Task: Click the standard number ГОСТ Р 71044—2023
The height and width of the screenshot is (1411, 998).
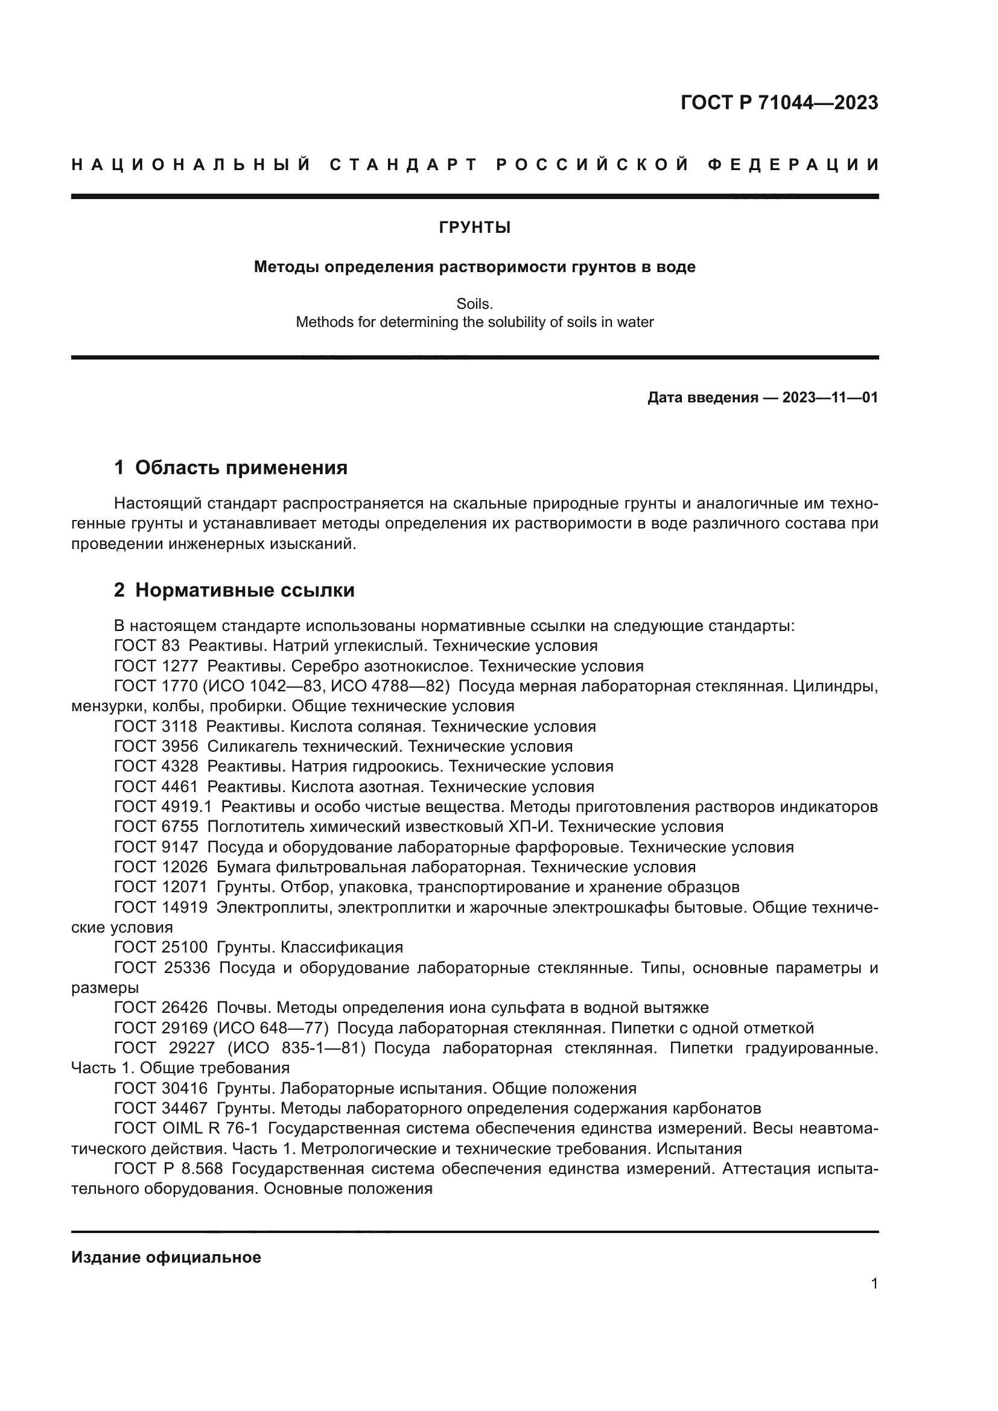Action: click(x=779, y=103)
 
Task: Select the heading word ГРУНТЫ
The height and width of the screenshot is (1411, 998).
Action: click(x=474, y=228)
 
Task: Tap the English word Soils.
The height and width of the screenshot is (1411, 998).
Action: click(x=474, y=303)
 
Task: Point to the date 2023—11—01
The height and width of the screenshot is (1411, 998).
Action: click(x=830, y=398)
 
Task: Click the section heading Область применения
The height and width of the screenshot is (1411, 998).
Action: click(x=241, y=468)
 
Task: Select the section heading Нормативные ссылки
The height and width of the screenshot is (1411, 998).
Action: click(x=244, y=591)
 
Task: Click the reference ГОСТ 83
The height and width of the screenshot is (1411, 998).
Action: click(x=147, y=646)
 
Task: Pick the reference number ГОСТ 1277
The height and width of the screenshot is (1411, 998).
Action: click(x=156, y=666)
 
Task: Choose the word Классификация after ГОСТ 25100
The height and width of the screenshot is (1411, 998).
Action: click(x=342, y=948)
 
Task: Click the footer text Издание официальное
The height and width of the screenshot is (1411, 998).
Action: click(x=166, y=1257)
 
